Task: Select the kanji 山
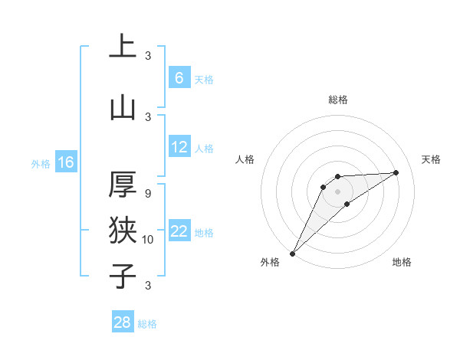[x=123, y=108]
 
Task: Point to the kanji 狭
[x=123, y=230]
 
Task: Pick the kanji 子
[x=123, y=275]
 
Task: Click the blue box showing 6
[x=179, y=78]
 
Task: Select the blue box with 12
[x=179, y=147]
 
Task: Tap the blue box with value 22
[x=179, y=232]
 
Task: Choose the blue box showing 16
[x=65, y=162]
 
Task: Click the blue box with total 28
[x=123, y=323]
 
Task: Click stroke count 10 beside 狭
[x=148, y=240]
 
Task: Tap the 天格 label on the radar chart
[x=432, y=159]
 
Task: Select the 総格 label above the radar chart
[x=338, y=100]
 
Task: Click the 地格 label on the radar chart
[x=402, y=262]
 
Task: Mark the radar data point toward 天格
[x=396, y=172]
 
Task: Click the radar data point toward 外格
[x=292, y=254]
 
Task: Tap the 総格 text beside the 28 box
[x=147, y=324]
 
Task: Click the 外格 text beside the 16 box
[x=40, y=163]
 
